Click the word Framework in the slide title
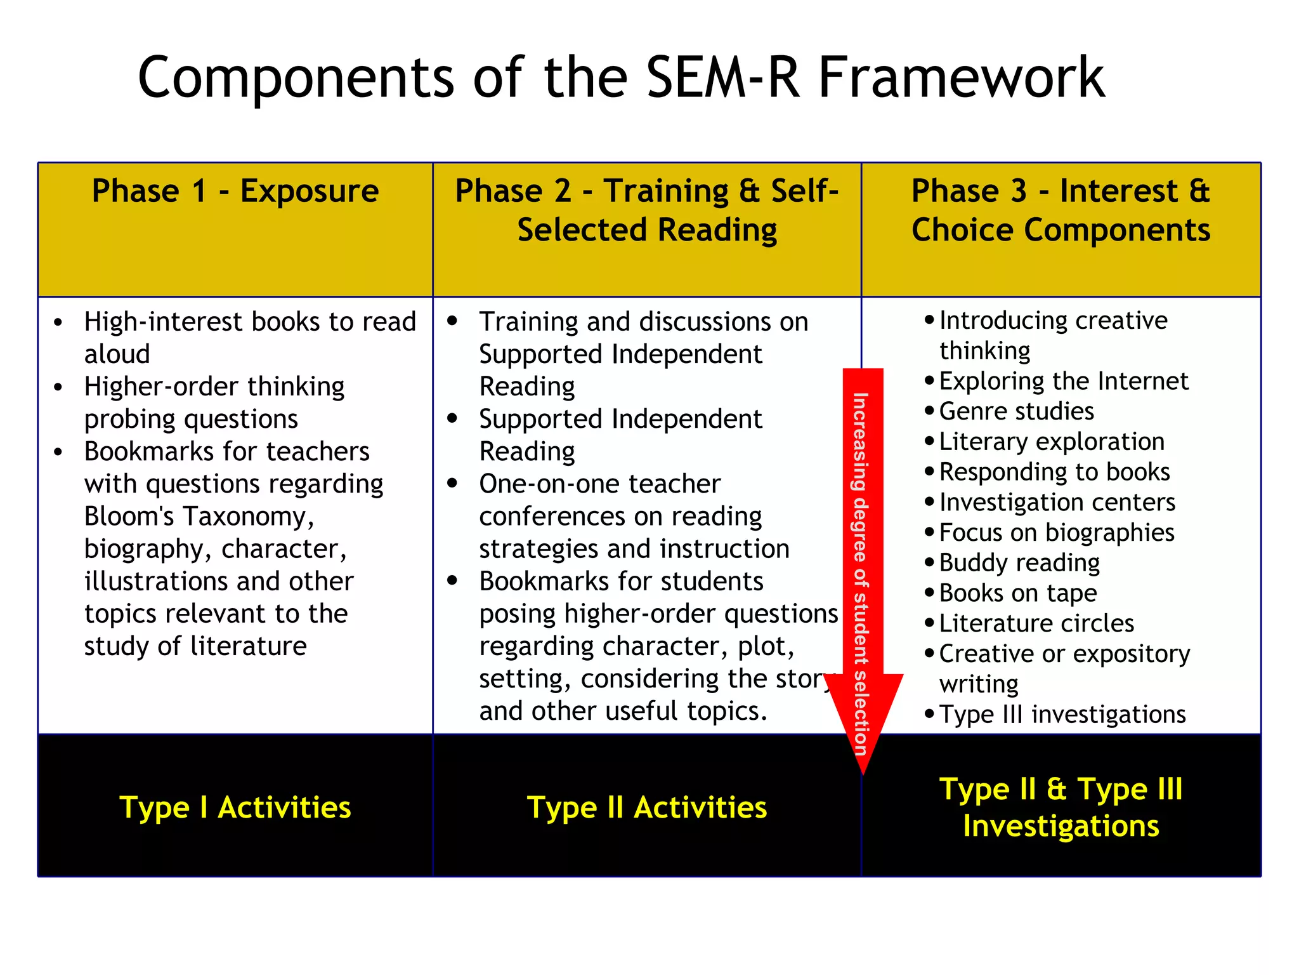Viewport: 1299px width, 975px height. coord(961,78)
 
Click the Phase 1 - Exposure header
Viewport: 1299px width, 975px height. coord(235,191)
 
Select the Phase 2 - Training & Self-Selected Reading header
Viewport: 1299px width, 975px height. coord(646,211)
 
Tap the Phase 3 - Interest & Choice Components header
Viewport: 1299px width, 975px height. coord(1061,211)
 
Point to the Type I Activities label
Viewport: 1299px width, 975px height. coord(235,807)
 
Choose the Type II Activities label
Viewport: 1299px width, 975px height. coord(646,807)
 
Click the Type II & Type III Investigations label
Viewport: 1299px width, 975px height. coord(1061,807)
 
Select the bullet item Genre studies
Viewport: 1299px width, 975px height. coord(1016,411)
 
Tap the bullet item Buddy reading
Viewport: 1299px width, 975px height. coord(1019,563)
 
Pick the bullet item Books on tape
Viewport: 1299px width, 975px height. coord(1017,594)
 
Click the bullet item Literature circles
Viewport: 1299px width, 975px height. coord(1036,623)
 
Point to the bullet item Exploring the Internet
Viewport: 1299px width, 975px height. coord(1063,381)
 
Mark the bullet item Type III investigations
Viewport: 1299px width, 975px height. coord(1062,715)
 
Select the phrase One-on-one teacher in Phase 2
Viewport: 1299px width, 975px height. coord(599,484)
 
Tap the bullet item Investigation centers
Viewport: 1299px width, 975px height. coord(1057,502)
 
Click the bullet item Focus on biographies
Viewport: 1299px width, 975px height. coord(1056,533)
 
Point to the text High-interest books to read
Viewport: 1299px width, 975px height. coord(250,322)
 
